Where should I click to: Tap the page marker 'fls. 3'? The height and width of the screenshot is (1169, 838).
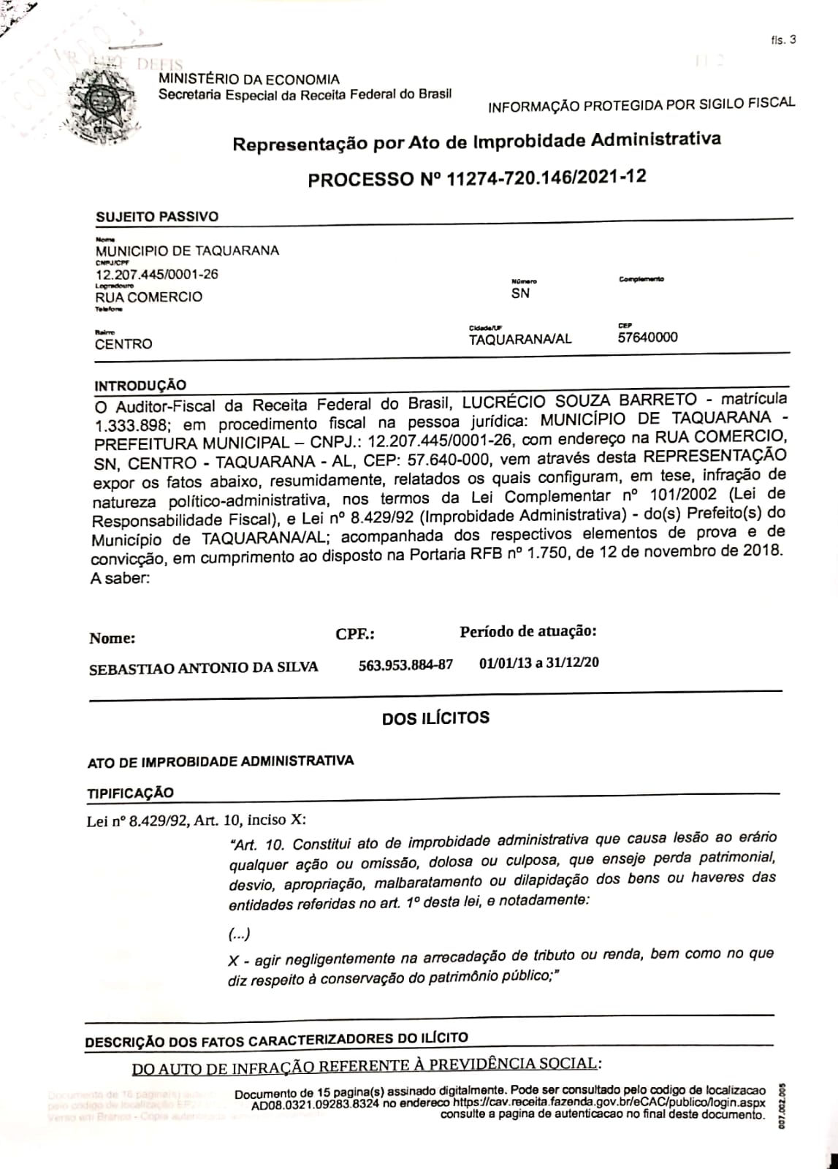click(x=782, y=40)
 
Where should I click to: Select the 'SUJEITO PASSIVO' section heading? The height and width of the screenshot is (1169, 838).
click(x=157, y=216)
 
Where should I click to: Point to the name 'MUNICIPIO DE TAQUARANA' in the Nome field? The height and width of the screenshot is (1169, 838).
click(x=187, y=251)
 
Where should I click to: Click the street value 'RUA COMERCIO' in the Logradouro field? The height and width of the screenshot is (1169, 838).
click(x=149, y=297)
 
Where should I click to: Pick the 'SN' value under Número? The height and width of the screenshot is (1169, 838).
click(x=520, y=294)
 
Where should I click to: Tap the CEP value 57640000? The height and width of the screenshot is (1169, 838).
click(x=647, y=337)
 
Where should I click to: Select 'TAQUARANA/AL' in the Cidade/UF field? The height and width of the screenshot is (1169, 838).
click(x=520, y=339)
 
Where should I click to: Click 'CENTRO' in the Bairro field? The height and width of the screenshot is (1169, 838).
click(x=124, y=344)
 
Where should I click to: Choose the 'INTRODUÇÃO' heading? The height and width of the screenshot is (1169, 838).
click(x=140, y=385)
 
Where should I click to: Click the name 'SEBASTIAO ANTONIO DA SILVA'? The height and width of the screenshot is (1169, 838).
click(x=203, y=668)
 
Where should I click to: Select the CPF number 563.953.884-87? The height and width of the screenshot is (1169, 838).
click(x=405, y=666)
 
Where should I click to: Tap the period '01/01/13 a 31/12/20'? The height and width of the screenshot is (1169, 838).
click(x=539, y=663)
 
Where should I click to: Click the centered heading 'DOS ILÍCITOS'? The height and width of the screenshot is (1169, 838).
click(x=435, y=718)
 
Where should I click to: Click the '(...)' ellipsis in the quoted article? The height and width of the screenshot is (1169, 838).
click(x=240, y=934)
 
